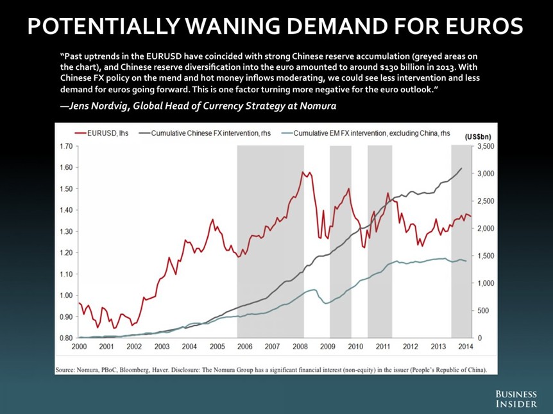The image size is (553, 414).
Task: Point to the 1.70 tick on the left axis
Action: tap(64, 147)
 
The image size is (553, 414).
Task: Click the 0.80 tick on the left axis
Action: tap(64, 338)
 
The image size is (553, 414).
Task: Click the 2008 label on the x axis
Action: tap(300, 347)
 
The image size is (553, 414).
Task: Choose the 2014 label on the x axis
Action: tap(466, 347)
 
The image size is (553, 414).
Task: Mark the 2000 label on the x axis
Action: tap(79, 347)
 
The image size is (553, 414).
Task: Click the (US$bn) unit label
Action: tap(477, 137)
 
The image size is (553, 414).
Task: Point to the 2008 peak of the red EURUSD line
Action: tap(303, 172)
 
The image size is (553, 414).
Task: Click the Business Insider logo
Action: tap(516, 398)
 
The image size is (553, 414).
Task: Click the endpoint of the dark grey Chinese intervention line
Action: tap(461, 169)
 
